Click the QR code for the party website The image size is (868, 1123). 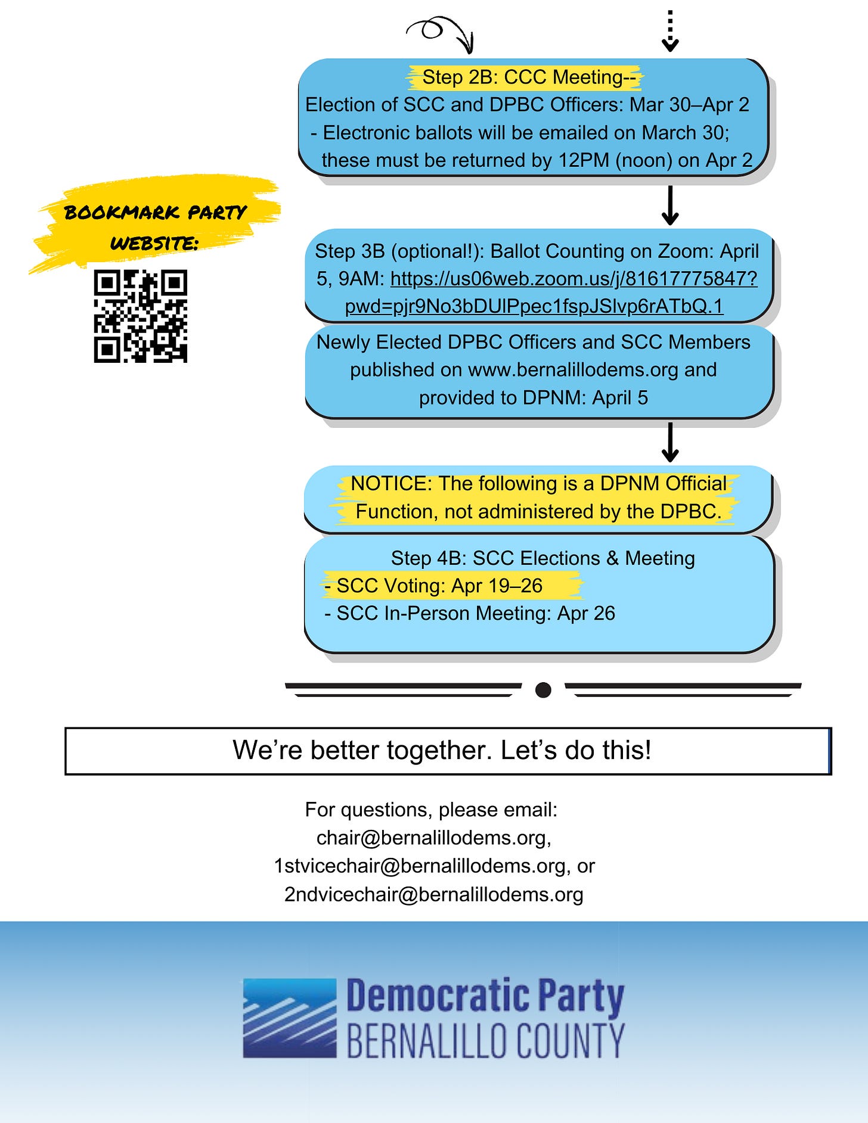(141, 316)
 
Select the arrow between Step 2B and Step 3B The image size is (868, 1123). (670, 205)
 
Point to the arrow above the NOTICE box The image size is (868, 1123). (670, 442)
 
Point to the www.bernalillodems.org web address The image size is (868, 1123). (573, 370)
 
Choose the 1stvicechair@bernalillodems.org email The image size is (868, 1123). (419, 866)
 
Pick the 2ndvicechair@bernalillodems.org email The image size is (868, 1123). (433, 894)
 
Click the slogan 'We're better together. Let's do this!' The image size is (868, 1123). (441, 750)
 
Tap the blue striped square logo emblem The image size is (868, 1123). (290, 1018)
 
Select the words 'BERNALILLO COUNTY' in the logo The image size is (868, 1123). (485, 1041)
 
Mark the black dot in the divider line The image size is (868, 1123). (543, 690)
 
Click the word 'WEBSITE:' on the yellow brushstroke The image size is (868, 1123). (154, 243)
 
